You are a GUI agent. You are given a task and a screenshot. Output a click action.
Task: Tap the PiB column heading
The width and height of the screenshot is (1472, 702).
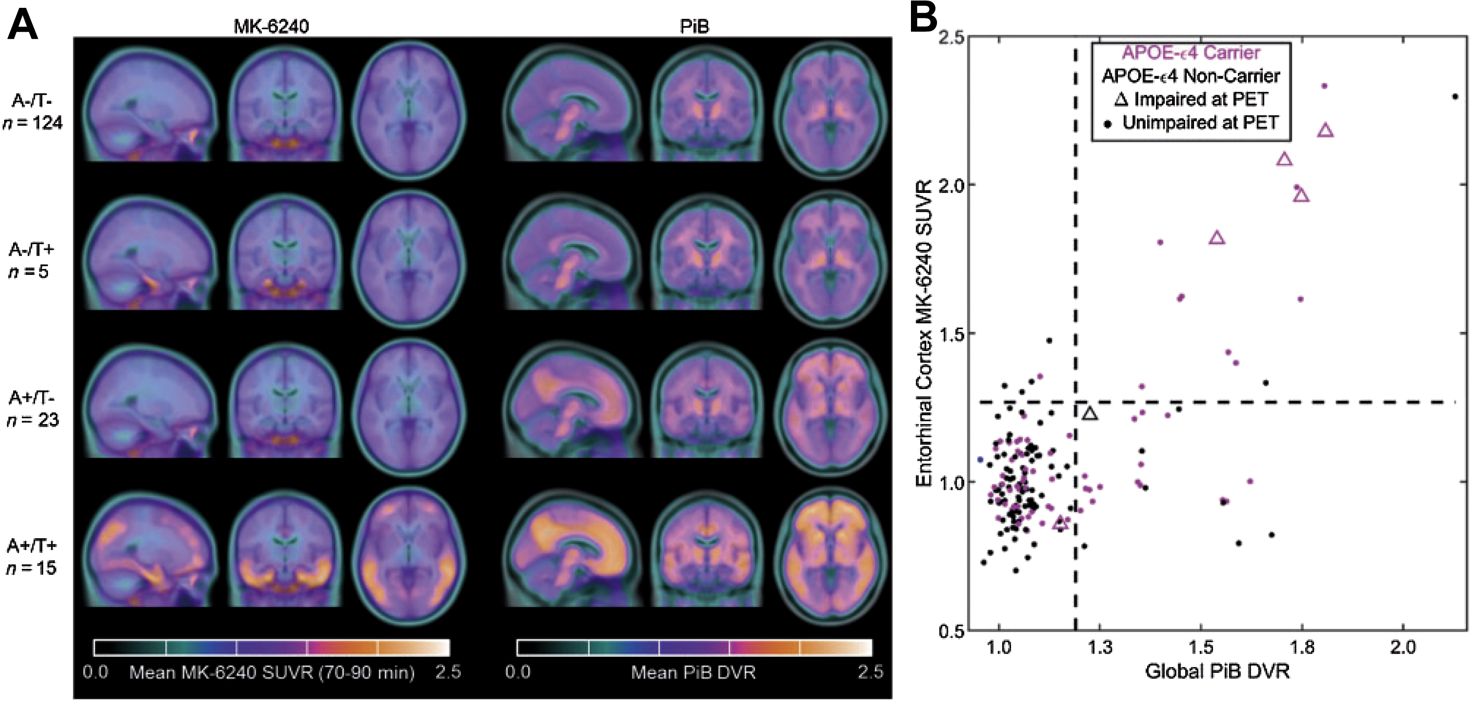pos(695,26)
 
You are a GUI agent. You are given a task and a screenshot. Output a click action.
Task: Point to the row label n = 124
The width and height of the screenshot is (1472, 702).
pos(33,123)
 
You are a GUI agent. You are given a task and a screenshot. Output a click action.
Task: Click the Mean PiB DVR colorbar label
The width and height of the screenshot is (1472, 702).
pos(693,672)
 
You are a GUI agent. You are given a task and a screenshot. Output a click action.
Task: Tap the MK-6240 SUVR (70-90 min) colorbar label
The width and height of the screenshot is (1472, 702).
pos(272,672)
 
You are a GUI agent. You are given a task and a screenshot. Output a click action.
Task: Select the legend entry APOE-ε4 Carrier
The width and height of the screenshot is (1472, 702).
pos(1191,53)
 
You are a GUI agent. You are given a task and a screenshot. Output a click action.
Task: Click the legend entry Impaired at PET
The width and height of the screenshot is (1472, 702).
pos(1191,99)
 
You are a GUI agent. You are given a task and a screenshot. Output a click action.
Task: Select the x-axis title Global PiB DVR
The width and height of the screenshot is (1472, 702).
pos(1217,671)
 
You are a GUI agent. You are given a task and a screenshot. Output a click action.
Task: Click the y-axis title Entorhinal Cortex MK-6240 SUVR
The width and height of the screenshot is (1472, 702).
pos(923,334)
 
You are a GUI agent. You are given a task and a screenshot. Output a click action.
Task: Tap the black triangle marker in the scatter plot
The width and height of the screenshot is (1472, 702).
pos(1090,413)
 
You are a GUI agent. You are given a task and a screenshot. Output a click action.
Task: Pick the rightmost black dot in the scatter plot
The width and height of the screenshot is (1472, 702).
pos(1455,96)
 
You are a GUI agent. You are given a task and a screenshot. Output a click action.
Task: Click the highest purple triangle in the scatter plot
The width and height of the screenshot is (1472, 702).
pos(1325,131)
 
